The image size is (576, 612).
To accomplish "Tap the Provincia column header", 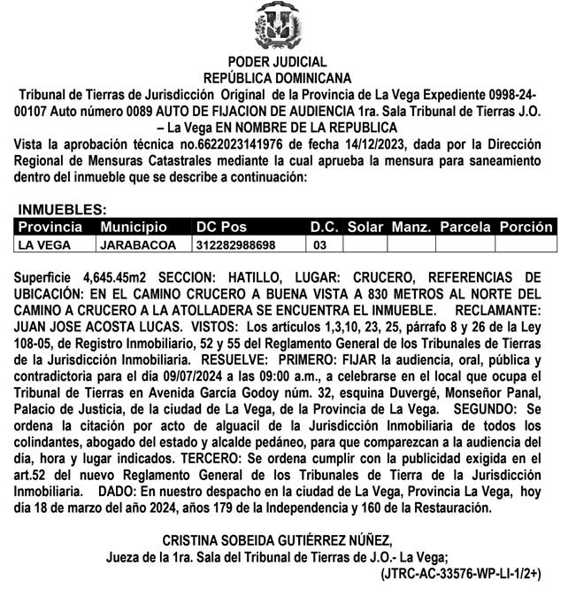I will (50, 228).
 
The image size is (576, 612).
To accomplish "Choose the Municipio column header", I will (133, 228).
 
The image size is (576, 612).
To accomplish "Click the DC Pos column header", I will (221, 228).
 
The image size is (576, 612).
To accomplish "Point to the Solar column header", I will (365, 228).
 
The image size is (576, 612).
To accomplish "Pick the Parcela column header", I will (465, 228).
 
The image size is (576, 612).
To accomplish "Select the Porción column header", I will (526, 228).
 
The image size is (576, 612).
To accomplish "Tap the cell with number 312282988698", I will (235, 244).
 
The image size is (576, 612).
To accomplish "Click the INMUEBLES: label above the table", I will (62, 211).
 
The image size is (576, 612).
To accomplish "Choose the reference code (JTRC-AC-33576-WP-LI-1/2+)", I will (460, 574).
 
